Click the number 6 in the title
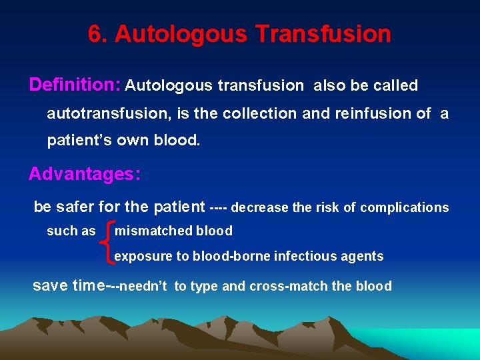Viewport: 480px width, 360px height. pos(95,34)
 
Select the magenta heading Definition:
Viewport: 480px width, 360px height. pos(74,85)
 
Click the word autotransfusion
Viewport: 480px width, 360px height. pos(104,114)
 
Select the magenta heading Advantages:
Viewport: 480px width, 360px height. pos(84,175)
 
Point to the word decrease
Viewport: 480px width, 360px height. pos(260,208)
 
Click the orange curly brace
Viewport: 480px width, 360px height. pos(107,243)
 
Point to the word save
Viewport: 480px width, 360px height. pos(51,286)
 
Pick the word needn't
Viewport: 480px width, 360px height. pos(145,287)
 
